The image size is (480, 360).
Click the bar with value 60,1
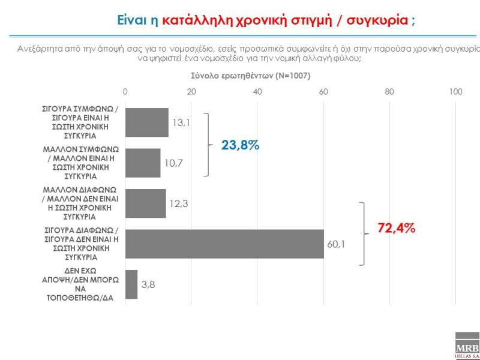(x=224, y=244)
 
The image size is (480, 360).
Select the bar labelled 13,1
(x=147, y=122)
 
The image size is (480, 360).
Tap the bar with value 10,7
(x=143, y=163)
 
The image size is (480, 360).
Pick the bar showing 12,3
(x=146, y=203)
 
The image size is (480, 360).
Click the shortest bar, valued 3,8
(x=131, y=284)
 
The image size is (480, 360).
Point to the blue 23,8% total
(x=241, y=145)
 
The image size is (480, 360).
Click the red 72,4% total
(x=397, y=228)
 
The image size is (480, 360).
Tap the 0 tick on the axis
(x=125, y=92)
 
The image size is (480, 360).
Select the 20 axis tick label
(x=191, y=92)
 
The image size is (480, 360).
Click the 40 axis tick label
(x=257, y=92)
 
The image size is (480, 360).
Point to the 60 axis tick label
(x=324, y=92)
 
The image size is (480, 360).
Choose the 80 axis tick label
(x=389, y=92)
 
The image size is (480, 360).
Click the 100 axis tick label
(x=455, y=92)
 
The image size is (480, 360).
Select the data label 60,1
(x=337, y=244)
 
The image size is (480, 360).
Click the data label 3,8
(x=149, y=284)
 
